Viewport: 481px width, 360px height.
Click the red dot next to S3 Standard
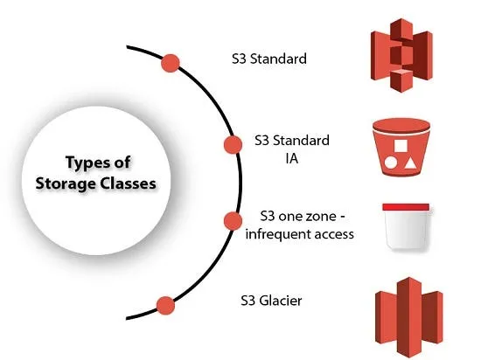171,63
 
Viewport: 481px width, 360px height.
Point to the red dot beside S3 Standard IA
233,144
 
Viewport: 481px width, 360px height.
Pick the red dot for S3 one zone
232,220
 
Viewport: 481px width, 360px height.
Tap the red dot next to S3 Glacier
164,304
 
